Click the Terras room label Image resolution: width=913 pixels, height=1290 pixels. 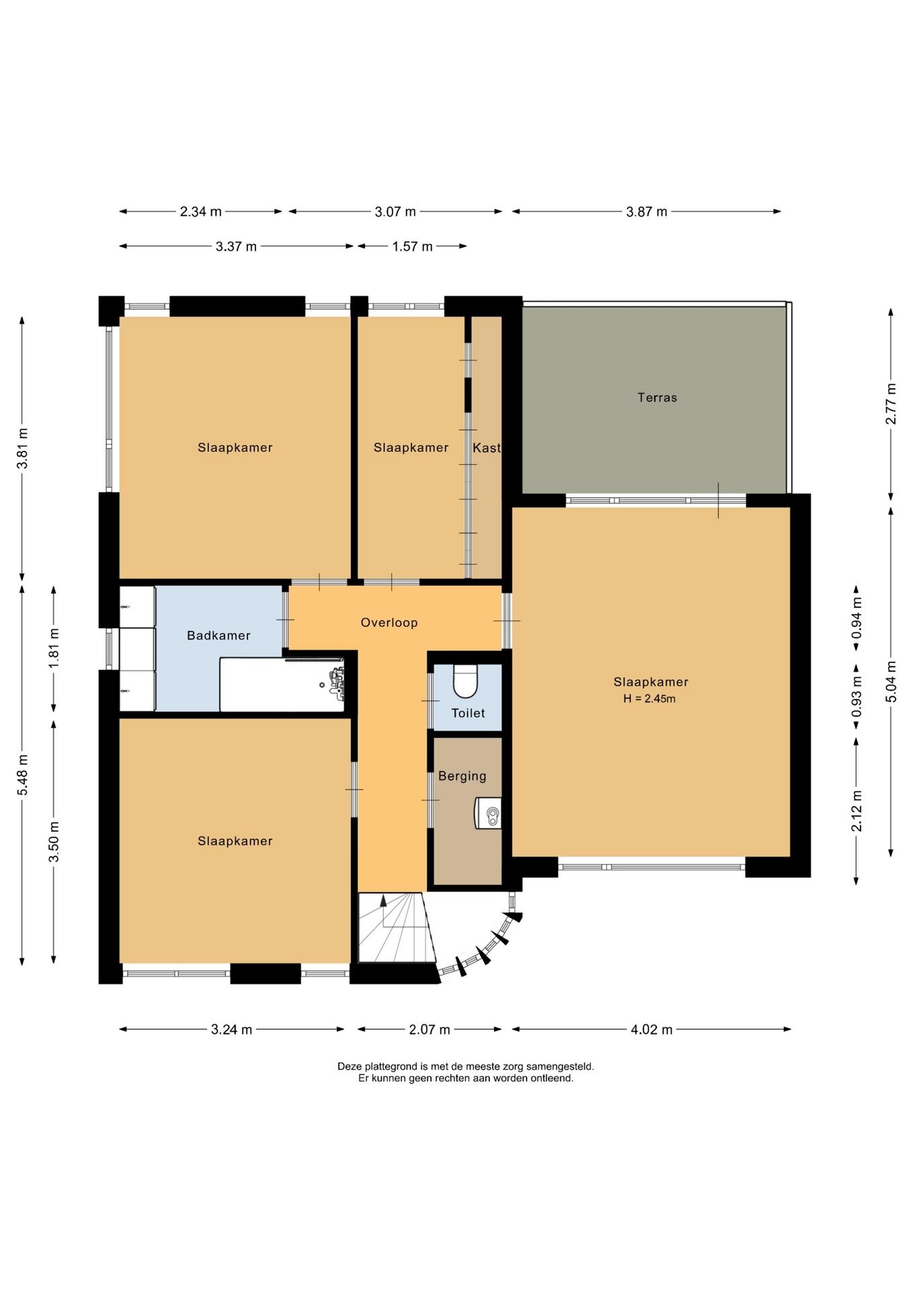[657, 397]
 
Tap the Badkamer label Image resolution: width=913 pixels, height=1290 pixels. [219, 635]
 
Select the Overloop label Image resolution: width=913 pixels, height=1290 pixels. [389, 622]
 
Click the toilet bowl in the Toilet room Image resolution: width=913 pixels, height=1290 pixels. [465, 681]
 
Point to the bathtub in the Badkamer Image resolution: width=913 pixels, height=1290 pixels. [282, 684]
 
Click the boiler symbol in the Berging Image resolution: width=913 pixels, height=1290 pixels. [489, 813]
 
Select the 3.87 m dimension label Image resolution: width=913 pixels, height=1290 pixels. [647, 212]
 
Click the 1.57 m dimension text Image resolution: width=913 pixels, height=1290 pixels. [412, 247]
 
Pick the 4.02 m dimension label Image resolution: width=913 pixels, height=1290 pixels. [651, 1029]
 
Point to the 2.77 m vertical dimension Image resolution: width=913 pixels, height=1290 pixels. [891, 404]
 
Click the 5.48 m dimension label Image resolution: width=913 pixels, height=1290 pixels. [23, 775]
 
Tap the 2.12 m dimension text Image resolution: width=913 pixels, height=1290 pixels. [857, 811]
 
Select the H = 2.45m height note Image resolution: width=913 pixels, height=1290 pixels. [649, 699]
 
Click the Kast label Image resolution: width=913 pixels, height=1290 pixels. [487, 447]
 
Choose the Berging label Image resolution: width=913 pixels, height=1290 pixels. [462, 776]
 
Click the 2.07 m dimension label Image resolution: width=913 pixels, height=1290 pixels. [430, 1029]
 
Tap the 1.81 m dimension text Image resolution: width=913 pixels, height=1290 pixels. [54, 648]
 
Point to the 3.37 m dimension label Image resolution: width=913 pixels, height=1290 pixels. [236, 247]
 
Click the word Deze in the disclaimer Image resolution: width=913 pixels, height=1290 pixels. [350, 1066]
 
